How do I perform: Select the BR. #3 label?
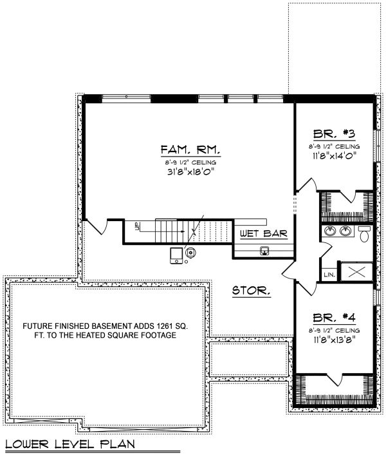(334, 135)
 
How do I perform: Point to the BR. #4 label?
(334, 317)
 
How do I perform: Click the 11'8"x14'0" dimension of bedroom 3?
(334, 155)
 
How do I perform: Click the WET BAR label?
(263, 233)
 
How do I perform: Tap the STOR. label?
(251, 291)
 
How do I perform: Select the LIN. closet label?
(329, 275)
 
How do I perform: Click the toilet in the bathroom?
(364, 233)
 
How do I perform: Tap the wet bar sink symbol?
(264, 251)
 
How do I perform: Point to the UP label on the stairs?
(137, 226)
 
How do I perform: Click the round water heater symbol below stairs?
(191, 253)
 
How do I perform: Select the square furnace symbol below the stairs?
(176, 257)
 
